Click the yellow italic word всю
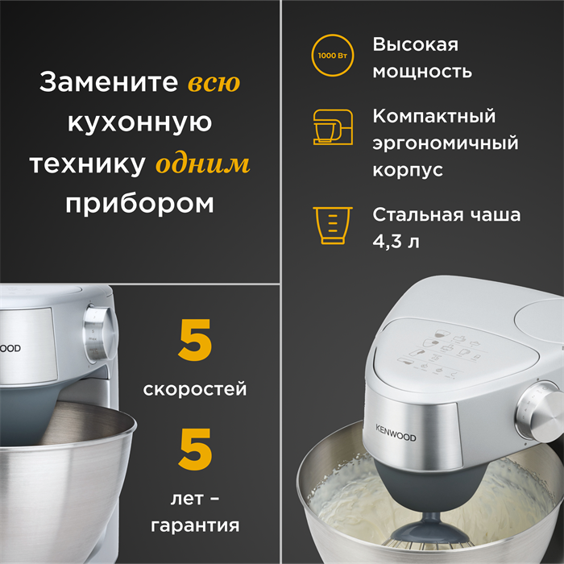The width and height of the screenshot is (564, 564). point(214,82)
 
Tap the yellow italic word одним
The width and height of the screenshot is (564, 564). point(202,164)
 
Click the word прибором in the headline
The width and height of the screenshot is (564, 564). point(139,203)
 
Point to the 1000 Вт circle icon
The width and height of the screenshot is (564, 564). point(332,58)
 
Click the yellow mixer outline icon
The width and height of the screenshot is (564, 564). point(333,128)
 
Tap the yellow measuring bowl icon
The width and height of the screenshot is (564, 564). point(332,226)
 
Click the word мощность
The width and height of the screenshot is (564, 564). point(422,71)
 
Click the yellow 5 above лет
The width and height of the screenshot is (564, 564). point(195,450)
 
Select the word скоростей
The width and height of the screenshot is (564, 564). point(195,390)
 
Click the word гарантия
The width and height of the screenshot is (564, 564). point(195,526)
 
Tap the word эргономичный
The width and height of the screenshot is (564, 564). point(446,143)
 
